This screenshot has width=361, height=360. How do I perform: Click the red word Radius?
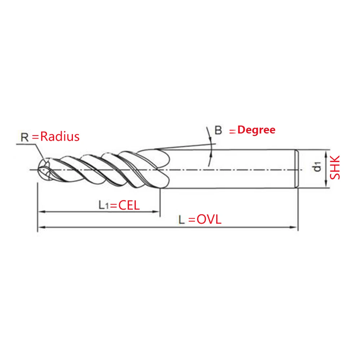point(60,137)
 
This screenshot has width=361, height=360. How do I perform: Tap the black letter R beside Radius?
point(25,137)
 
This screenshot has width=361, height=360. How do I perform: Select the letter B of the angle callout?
point(218,130)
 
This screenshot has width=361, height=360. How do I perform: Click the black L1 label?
point(104,205)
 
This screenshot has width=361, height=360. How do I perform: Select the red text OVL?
point(209,220)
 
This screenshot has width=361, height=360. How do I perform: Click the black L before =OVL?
point(182,220)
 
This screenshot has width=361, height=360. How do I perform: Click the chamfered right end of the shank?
point(297,169)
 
